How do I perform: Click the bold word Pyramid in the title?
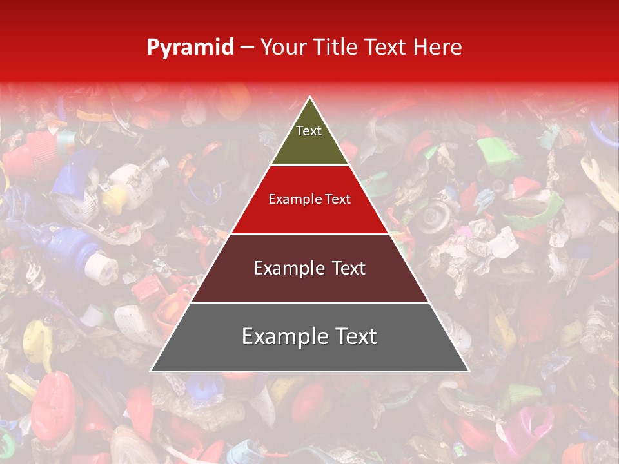click(x=190, y=48)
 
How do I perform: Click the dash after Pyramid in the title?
click(x=247, y=48)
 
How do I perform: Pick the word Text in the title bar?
click(x=386, y=47)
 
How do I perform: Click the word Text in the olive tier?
click(x=309, y=131)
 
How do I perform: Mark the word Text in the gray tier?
click(x=353, y=336)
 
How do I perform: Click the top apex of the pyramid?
click(x=309, y=97)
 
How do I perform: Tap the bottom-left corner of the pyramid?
click(x=151, y=371)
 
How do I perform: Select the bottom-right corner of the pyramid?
click(x=469, y=371)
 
